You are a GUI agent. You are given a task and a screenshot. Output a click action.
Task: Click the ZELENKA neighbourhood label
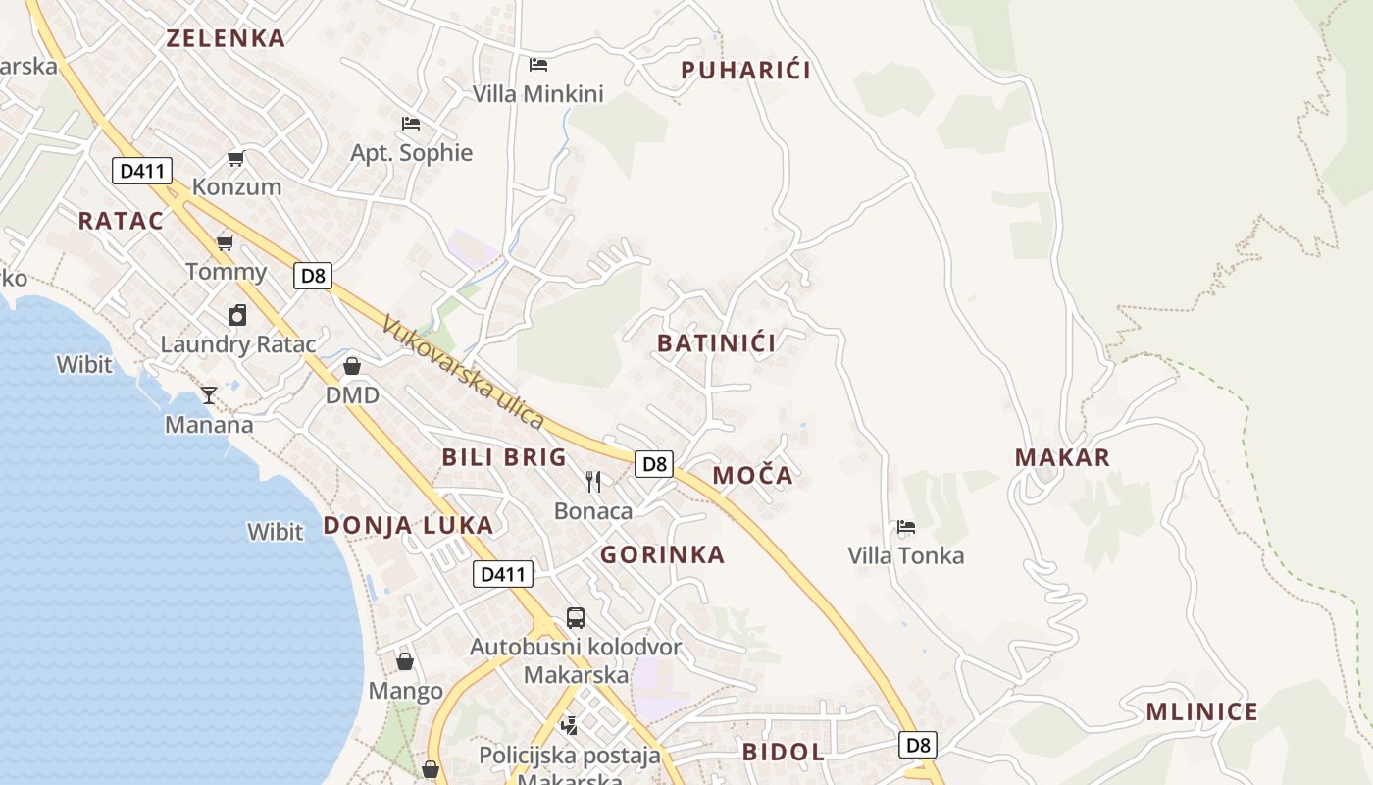coord(226,38)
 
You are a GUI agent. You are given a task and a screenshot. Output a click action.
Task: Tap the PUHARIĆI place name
coord(746,70)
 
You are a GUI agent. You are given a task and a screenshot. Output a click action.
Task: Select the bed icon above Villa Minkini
coord(538,65)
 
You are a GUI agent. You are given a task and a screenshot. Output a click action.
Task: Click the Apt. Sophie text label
coord(412,153)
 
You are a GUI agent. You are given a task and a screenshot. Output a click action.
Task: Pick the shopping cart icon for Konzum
coord(235,158)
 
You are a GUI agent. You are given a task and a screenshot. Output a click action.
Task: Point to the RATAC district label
coord(122,221)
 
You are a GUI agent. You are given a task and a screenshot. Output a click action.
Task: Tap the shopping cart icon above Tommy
coord(226,242)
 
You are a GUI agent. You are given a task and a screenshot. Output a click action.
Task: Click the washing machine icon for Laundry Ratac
coord(237,315)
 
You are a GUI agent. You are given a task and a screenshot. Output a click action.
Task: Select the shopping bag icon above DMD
coord(352,366)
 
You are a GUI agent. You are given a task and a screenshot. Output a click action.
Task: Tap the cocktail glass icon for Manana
coord(209,394)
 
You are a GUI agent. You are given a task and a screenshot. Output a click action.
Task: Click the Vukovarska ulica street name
coord(463,372)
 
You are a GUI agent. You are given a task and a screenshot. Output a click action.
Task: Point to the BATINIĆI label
coord(717,342)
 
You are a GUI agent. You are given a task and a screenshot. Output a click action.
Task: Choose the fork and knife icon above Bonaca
coord(593,481)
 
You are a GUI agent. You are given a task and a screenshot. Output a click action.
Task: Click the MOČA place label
coord(752,476)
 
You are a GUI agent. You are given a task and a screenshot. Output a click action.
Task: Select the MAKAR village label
coord(1063,457)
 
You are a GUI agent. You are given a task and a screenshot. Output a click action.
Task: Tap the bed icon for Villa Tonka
coord(906,527)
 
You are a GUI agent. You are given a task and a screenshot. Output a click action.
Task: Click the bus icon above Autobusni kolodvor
coord(576,618)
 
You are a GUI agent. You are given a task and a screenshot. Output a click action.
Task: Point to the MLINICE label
coord(1202,712)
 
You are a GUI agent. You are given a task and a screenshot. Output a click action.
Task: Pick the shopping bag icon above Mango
coord(405,661)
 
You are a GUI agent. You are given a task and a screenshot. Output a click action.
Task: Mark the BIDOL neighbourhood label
coord(784,753)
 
